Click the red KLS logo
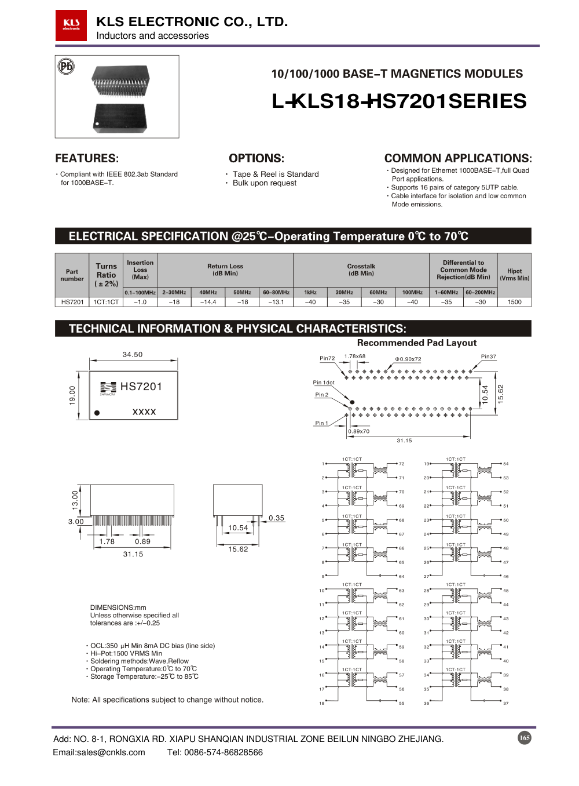pyautogui.click(x=71, y=26)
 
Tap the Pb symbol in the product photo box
pyautogui.click(x=67, y=66)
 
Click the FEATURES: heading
pyautogui.click(x=87, y=158)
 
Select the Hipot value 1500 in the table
pyautogui.click(x=514, y=302)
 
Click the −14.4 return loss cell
pyautogui.click(x=208, y=302)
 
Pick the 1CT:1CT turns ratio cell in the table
pyautogui.click(x=106, y=302)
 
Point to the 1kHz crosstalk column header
pyautogui.click(x=310, y=293)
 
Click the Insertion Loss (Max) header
pyautogui.click(x=140, y=270)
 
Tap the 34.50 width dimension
pyautogui.click(x=133, y=354)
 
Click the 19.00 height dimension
pyautogui.click(x=72, y=395)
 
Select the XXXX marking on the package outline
pyautogui.click(x=144, y=412)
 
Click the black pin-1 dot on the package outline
pyautogui.click(x=97, y=413)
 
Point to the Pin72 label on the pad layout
pyautogui.click(x=327, y=358)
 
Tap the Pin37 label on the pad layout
pyautogui.click(x=488, y=356)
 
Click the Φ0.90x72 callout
pyautogui.click(x=408, y=359)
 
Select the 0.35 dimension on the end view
pyautogui.click(x=276, y=518)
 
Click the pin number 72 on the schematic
pyautogui.click(x=402, y=464)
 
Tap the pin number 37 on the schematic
pyautogui.click(x=506, y=703)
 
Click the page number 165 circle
pyautogui.click(x=525, y=738)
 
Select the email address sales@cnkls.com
pyautogui.click(x=99, y=752)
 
